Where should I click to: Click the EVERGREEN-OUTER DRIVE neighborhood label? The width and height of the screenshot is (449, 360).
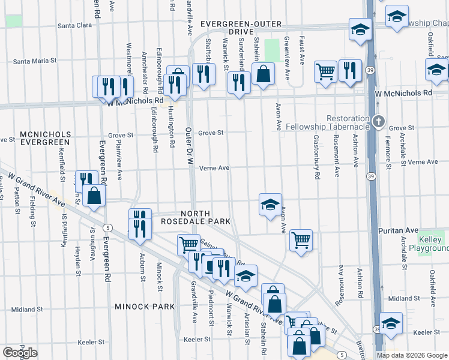click(x=237, y=27)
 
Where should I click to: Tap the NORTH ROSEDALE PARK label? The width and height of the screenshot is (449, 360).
click(x=196, y=217)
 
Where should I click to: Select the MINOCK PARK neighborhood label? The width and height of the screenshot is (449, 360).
click(x=144, y=307)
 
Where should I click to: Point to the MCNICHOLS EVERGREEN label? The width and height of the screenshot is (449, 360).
click(x=45, y=138)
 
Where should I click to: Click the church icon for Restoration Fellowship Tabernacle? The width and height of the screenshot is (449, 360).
click(x=378, y=121)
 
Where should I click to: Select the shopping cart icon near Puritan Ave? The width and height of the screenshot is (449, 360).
click(x=301, y=240)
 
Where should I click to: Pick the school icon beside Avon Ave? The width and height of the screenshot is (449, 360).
click(x=270, y=204)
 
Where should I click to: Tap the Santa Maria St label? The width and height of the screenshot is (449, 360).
click(x=35, y=61)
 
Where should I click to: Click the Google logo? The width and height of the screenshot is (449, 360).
click(x=20, y=353)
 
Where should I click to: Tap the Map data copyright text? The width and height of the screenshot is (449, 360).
click(x=412, y=355)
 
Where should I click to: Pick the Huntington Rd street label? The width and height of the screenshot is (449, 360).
click(x=171, y=127)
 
